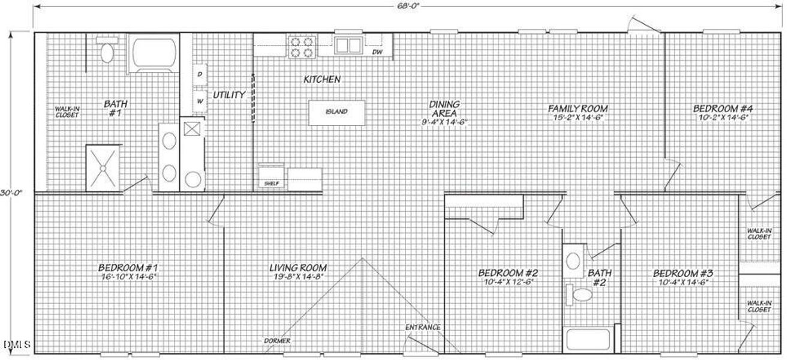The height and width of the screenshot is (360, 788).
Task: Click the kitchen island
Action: (x=336, y=112)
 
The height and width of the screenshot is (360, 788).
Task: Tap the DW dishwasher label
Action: (x=377, y=52)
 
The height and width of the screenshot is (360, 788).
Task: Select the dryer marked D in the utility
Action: (x=200, y=74)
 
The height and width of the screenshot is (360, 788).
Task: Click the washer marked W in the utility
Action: (x=200, y=101)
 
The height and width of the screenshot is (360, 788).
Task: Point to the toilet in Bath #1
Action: (x=107, y=52)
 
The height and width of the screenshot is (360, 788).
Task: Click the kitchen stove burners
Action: (x=302, y=47)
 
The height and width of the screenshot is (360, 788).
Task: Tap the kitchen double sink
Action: (x=347, y=45)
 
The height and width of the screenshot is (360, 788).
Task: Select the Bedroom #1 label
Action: (x=128, y=267)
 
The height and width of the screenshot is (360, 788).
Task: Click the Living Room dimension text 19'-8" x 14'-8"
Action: (x=297, y=277)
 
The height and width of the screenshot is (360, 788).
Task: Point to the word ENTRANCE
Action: (x=423, y=328)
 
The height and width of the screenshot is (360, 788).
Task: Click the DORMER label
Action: (x=277, y=341)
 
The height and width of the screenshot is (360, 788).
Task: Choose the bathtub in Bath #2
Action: (x=588, y=340)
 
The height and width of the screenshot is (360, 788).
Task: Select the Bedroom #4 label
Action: (x=722, y=109)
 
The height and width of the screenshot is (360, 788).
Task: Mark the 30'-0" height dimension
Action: (x=8, y=193)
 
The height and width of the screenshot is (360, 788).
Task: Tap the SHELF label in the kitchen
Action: (x=272, y=184)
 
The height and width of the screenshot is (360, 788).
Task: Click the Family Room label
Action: (x=578, y=109)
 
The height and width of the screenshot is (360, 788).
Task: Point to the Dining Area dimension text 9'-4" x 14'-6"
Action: (x=444, y=122)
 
